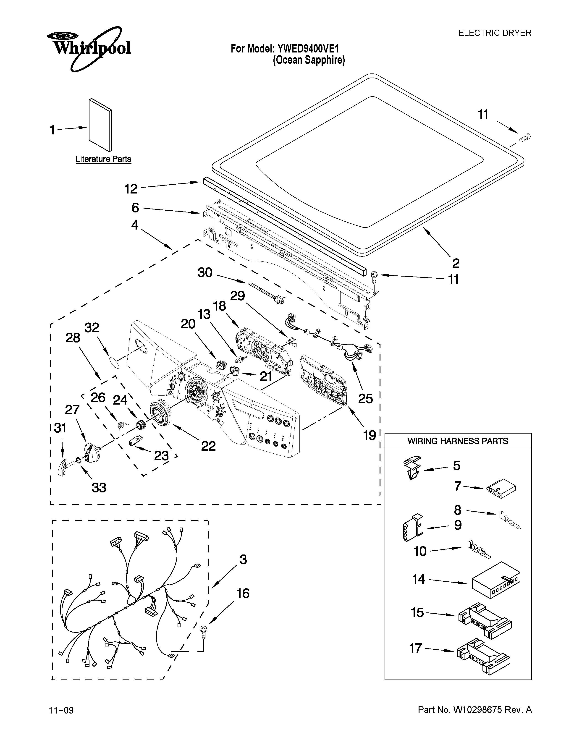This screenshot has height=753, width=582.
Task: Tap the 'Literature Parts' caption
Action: point(103,159)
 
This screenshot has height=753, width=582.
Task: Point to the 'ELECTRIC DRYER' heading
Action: point(494,33)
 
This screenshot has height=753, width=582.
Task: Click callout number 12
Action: point(131,189)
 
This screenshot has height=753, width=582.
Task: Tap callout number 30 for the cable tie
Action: point(205,273)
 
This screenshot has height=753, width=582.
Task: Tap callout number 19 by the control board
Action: point(370,435)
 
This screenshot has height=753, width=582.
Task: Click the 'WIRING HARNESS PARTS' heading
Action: point(458,441)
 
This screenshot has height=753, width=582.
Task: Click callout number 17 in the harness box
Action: point(415,648)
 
